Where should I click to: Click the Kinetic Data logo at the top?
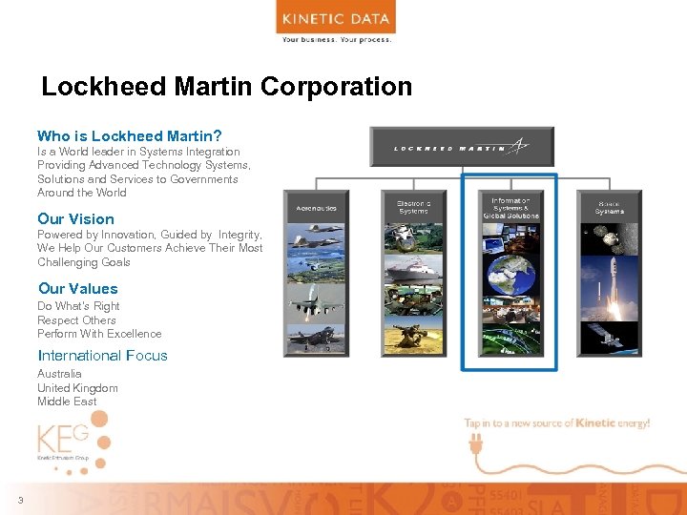coord(335,19)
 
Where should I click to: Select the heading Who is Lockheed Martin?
coord(130,136)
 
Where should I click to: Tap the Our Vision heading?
coord(75,219)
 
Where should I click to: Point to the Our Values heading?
coord(78,289)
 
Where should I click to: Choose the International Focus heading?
coord(102,356)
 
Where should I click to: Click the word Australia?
coord(59,374)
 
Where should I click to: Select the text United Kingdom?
coord(77,388)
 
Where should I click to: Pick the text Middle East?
coord(67,402)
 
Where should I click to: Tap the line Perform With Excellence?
coord(99,334)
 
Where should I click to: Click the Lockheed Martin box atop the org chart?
coord(462,147)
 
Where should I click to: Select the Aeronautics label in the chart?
coord(317,207)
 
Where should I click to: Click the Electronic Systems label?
coord(413,207)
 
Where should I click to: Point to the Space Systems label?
coord(609,207)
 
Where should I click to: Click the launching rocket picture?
coord(610,277)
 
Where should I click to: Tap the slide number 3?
coord(19,502)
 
